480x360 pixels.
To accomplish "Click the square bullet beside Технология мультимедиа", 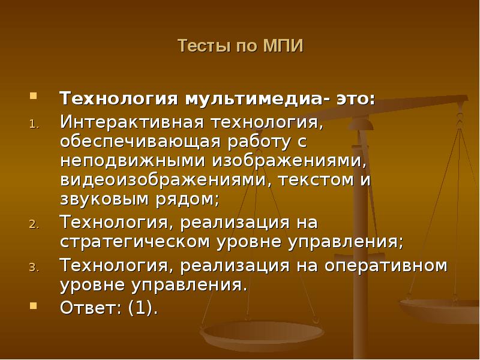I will click(x=34, y=95).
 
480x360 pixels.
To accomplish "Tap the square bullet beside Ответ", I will click(x=34, y=304).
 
